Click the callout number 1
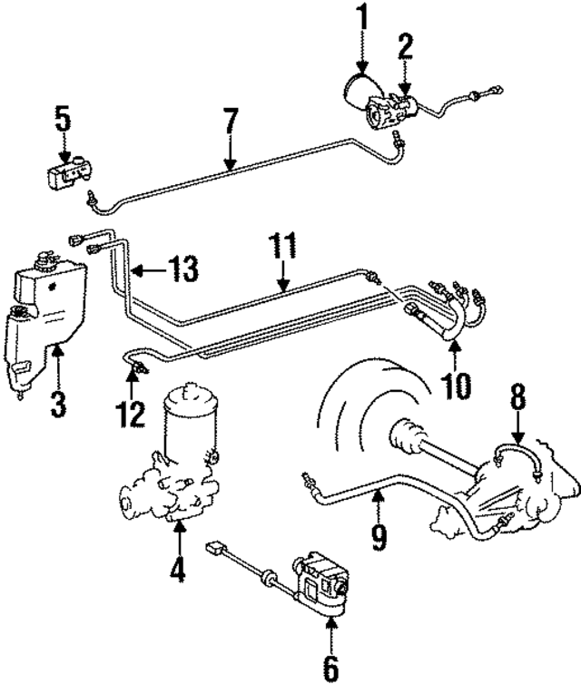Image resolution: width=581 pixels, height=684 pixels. [362, 15]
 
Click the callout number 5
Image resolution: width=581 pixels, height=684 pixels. [62, 118]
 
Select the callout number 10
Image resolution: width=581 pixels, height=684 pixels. [456, 386]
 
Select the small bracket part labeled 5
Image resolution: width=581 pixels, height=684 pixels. [67, 171]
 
